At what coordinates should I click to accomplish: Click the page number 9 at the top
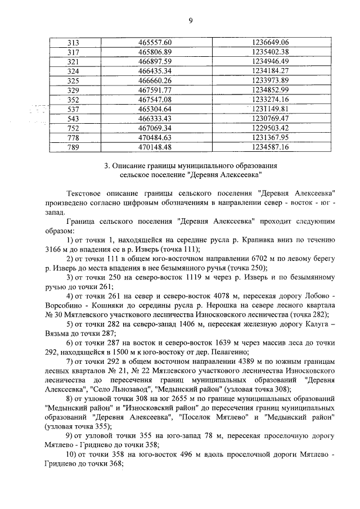tap(191, 21)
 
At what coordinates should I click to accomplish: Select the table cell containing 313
tap(74, 43)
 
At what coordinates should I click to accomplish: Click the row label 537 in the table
tap(74, 108)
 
